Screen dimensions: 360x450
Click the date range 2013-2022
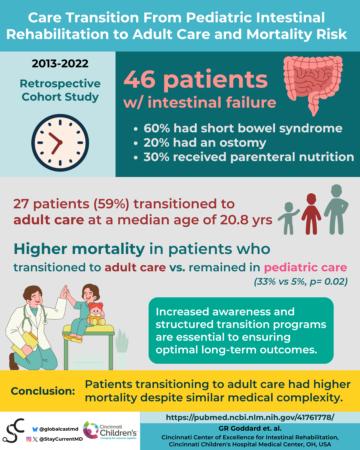pyautogui.click(x=60, y=64)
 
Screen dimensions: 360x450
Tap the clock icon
pyautogui.click(x=60, y=143)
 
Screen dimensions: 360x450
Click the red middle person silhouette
pyautogui.click(x=311, y=214)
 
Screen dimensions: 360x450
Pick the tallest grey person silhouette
pyautogui.click(x=336, y=209)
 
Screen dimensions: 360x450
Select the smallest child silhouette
pyautogui.click(x=289, y=218)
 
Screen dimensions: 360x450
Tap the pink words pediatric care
pyautogui.click(x=306, y=268)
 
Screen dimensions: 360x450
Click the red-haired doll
pyautogui.click(x=96, y=314)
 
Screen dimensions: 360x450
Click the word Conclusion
pyautogui.click(x=43, y=391)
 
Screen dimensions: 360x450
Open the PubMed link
pyautogui.click(x=250, y=417)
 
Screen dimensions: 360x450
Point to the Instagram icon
pyautogui.click(x=29, y=439)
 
